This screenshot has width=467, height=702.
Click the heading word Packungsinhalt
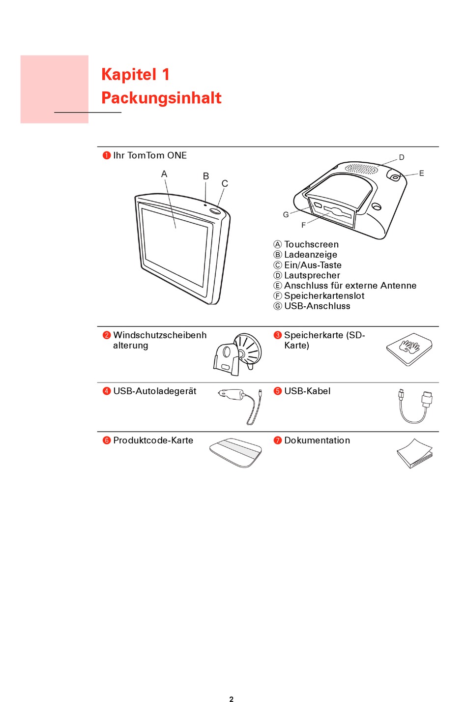point(161,98)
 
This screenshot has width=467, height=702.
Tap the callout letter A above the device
point(164,174)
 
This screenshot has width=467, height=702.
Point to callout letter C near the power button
point(225,183)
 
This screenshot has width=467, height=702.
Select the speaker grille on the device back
point(361,168)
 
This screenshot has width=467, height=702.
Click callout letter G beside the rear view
point(286,215)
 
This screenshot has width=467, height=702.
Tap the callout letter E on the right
point(422,174)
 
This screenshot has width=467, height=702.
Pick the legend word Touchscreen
point(311,244)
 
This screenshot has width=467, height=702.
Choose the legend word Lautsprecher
point(312,275)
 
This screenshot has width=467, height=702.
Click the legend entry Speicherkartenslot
point(324,296)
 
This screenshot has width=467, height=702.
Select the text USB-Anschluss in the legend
point(317,306)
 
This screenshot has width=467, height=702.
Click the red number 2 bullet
point(107,335)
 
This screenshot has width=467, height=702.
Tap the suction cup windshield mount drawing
point(237,354)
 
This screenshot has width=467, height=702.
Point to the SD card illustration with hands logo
point(409,349)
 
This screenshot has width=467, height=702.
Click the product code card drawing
point(235,453)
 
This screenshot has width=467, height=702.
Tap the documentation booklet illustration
point(415,453)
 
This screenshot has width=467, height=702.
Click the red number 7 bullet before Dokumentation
point(277,440)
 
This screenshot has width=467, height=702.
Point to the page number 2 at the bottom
point(232,699)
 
